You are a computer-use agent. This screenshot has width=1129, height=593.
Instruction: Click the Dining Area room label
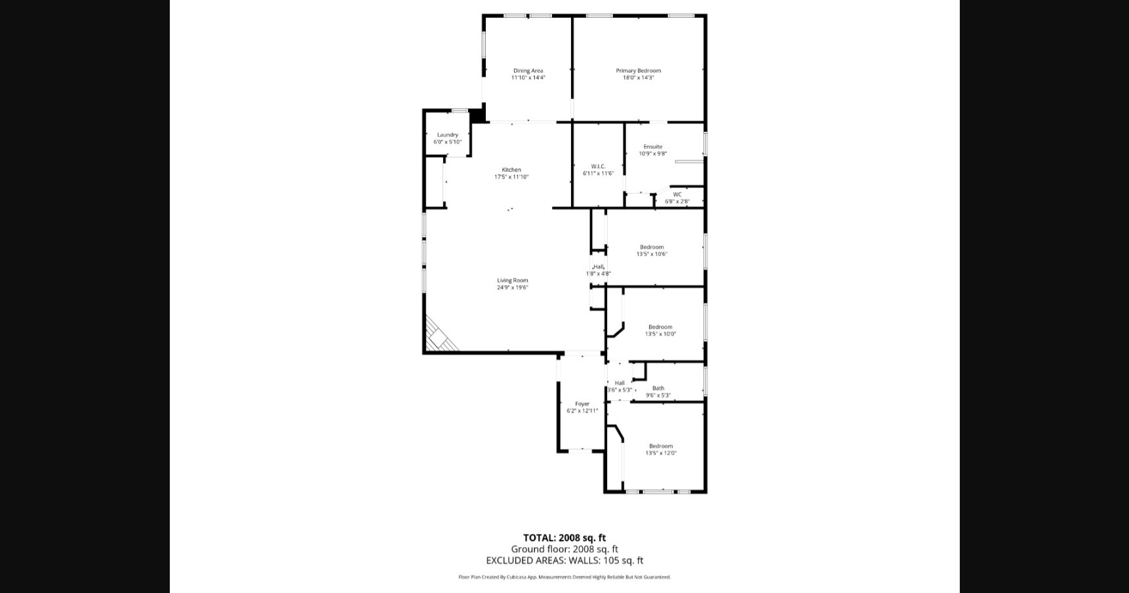coord(528,71)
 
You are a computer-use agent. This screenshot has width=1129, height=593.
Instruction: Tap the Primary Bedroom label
coord(638,71)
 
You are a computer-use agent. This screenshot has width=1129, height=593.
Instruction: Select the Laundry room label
coord(448,135)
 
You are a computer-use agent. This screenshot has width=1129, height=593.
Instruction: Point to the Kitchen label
coord(511,170)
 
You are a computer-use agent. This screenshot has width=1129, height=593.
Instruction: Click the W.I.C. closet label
coord(598,167)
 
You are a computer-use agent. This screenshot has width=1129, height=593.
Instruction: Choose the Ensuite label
coord(652,147)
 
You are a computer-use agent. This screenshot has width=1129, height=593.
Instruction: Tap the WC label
coord(677,195)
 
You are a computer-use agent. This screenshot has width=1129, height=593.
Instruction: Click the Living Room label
coord(512,281)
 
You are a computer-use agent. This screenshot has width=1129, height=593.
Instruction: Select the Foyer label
coord(582,404)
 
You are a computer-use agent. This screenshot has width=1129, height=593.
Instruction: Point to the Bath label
coord(658,388)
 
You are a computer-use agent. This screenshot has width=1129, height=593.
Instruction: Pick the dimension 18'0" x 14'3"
coord(638,78)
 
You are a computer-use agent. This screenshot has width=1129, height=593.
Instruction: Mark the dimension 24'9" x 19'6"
coord(512,288)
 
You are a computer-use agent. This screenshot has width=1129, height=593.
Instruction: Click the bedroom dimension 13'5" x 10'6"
coord(652,255)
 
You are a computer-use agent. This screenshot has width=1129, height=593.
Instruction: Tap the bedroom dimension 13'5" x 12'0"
coord(661,453)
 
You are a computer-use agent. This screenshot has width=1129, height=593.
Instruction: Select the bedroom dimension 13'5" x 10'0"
coord(660,334)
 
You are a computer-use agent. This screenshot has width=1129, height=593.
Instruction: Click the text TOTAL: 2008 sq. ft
coord(564,539)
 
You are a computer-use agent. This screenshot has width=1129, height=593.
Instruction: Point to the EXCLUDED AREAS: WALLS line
coord(564,561)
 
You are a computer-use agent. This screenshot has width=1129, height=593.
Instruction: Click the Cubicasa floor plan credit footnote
coord(564,577)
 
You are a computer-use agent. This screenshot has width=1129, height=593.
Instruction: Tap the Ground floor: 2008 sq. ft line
coord(564,550)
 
